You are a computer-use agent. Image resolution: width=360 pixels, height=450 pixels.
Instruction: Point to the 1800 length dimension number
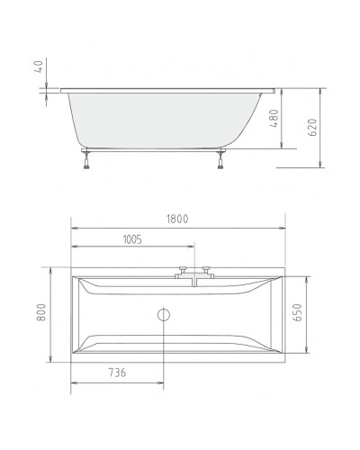[178, 217]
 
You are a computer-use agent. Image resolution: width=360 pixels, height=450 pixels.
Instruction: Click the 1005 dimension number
[130, 240]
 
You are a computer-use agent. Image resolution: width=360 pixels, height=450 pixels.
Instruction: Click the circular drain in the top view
[163, 315]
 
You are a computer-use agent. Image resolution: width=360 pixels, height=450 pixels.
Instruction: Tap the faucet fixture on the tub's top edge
[193, 274]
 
